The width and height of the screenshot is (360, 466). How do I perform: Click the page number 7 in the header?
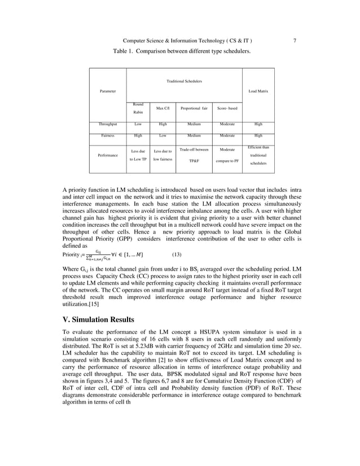tap(295, 40)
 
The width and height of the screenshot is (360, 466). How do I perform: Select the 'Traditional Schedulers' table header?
tap(184, 81)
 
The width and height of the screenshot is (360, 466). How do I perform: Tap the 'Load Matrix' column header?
tap(258, 91)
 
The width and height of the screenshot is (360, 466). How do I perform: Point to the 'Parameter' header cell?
tap(108, 91)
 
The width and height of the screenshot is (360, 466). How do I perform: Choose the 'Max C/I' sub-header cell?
tap(163, 108)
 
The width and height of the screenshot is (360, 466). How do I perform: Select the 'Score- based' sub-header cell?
tap(226, 108)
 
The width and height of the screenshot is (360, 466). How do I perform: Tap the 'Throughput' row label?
tap(108, 124)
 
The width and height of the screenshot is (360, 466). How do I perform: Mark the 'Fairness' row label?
tap(108, 135)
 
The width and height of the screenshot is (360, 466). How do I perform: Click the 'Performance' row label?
tap(108, 154)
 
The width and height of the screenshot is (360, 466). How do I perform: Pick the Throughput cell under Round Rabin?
tap(138, 124)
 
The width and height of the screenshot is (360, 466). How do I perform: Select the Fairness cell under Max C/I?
tap(163, 135)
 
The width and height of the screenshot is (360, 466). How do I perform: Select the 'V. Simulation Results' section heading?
tap(98, 320)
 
